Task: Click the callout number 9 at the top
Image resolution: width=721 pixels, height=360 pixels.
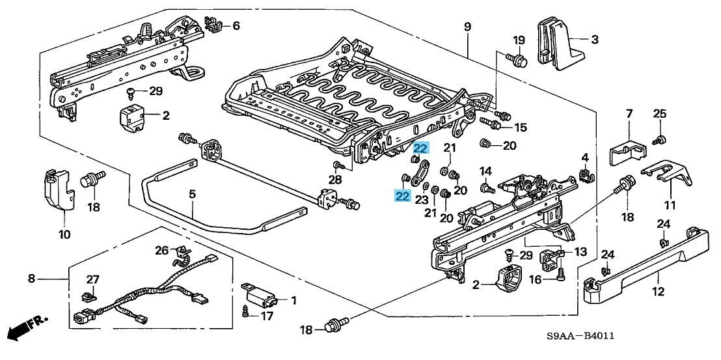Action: point(467,27)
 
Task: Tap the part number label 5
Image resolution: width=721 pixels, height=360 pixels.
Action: point(193,193)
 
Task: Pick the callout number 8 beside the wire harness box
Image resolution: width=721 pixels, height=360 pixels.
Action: point(31,279)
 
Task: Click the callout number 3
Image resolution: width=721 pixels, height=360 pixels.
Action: point(593,40)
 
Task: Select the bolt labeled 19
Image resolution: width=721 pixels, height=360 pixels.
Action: point(516,61)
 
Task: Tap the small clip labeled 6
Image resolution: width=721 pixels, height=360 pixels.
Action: point(213,24)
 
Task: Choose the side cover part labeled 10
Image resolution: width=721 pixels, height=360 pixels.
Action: point(58,190)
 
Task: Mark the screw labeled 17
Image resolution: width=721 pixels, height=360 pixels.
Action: point(246,311)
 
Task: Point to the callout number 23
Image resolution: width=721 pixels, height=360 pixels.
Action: point(421,200)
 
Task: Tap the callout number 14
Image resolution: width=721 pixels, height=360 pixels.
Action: point(485,171)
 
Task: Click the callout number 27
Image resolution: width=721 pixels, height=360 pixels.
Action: point(93,279)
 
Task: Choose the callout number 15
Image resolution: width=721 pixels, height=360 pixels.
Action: point(520,128)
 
